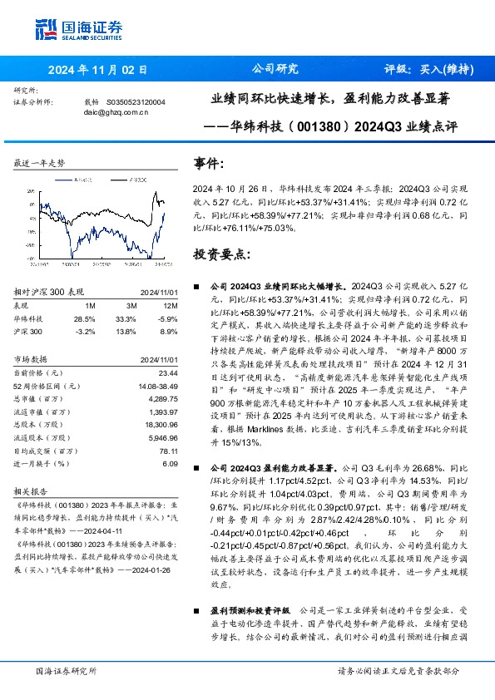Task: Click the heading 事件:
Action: [209, 165]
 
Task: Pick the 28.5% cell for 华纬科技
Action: [85, 318]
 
